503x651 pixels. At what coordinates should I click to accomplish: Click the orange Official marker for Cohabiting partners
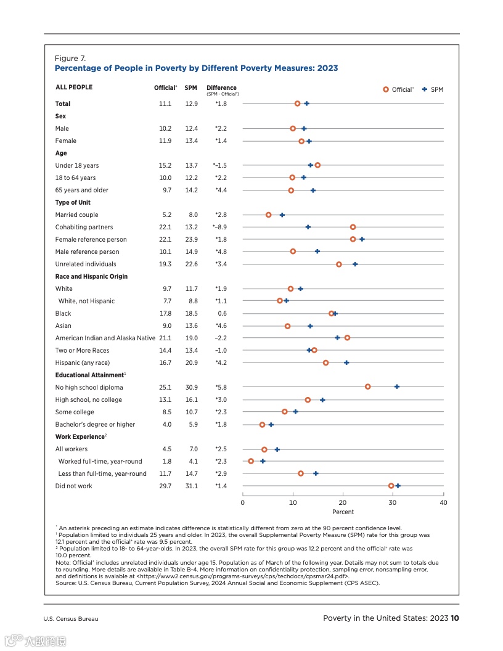tap(353, 227)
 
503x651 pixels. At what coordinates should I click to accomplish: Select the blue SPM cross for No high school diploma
tap(397, 387)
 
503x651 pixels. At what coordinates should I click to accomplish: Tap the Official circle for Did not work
tap(391, 486)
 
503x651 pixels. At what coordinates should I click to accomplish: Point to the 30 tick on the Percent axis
tap(393, 502)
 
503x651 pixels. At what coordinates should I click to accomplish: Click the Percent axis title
tap(343, 512)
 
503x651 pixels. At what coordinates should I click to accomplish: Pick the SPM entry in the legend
tap(433, 89)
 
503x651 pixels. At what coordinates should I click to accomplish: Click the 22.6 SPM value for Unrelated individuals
tap(191, 264)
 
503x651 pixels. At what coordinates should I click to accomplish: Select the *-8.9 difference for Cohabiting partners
tap(220, 227)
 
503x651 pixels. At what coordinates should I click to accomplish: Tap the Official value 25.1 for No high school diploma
tap(165, 387)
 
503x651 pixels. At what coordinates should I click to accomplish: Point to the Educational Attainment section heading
tap(89, 375)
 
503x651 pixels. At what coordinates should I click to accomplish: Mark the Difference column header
tap(221, 88)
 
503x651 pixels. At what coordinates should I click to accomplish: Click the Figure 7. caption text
tap(67, 59)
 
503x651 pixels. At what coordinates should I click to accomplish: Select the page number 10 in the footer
tap(455, 618)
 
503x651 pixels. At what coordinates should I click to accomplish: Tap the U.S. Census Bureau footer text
tap(70, 619)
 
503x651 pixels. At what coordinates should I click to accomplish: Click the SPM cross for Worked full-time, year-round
tap(263, 461)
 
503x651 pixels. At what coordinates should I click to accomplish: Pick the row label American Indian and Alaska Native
tap(105, 338)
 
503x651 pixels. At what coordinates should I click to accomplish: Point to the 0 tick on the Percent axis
tap(243, 502)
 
